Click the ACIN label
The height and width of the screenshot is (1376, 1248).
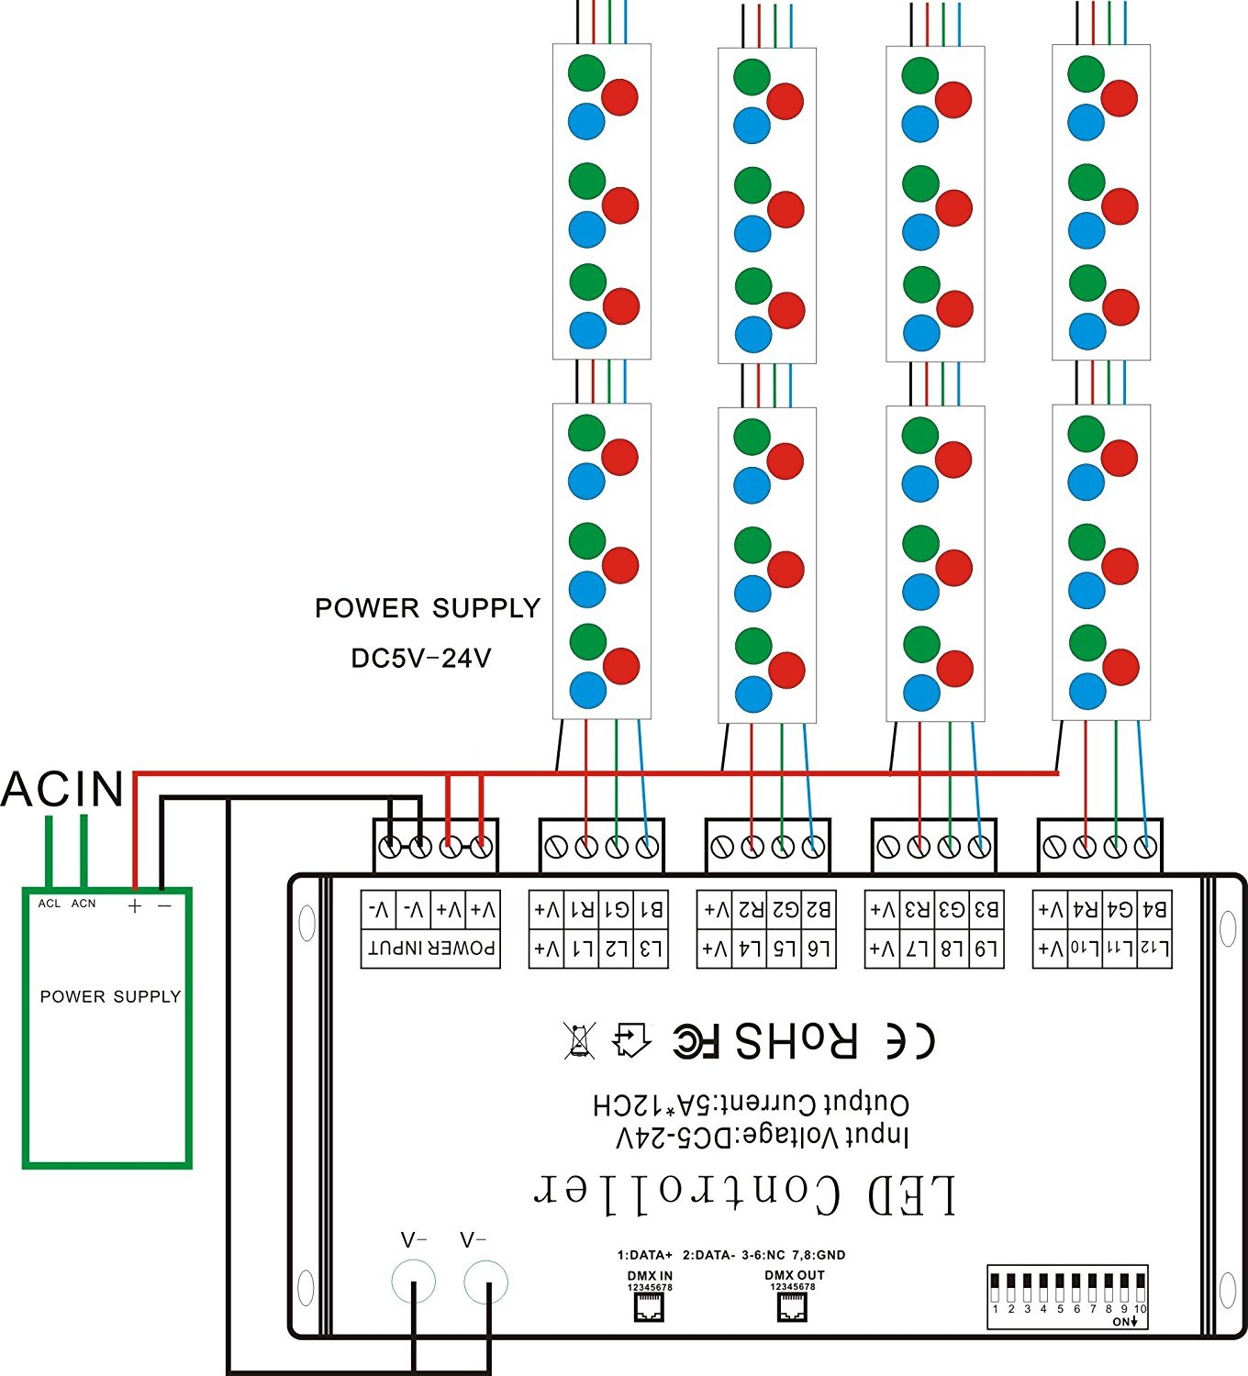pos(62,789)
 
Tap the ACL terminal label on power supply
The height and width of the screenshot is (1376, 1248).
pos(50,904)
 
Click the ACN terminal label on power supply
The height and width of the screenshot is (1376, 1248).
pos(84,904)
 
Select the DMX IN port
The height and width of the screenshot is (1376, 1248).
pos(650,1309)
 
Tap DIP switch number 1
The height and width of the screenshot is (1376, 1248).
pos(995,1287)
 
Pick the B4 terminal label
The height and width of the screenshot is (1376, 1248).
pos(1154,910)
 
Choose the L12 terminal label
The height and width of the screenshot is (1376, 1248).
pos(1154,949)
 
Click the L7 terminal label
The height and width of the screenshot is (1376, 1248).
pos(918,949)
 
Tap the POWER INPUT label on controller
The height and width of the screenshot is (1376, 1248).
pos(431,949)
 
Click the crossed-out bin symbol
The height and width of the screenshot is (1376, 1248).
pos(580,1040)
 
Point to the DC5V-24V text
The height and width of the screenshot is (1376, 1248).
pos(421,659)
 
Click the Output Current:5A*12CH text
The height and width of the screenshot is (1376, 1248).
pos(751,1104)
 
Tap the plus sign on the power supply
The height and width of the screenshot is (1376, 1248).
pos(135,906)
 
